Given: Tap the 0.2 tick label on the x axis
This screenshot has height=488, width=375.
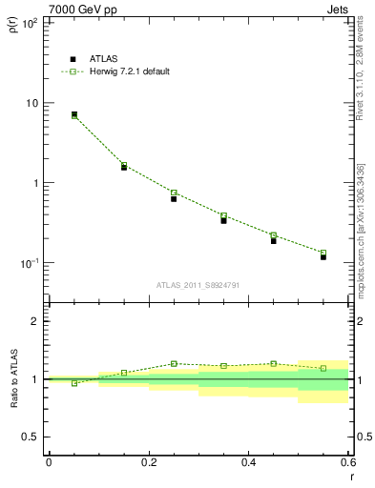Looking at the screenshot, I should (148, 462).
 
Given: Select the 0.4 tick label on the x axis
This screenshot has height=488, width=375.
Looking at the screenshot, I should (248, 462).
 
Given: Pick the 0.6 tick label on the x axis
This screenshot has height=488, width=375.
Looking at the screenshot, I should (345, 462).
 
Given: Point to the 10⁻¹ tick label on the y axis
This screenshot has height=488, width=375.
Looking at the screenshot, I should (29, 263).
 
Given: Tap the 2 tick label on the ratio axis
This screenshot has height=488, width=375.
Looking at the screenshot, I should (34, 321).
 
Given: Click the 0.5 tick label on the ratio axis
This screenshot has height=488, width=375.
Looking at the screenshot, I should (31, 437).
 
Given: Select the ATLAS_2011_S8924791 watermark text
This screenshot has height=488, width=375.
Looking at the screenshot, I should (198, 284).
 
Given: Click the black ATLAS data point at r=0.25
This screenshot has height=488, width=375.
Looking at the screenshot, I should (174, 198).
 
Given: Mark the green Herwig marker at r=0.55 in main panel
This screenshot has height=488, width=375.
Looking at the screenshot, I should (323, 253).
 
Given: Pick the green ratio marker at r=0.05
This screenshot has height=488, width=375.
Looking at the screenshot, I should (74, 383).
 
